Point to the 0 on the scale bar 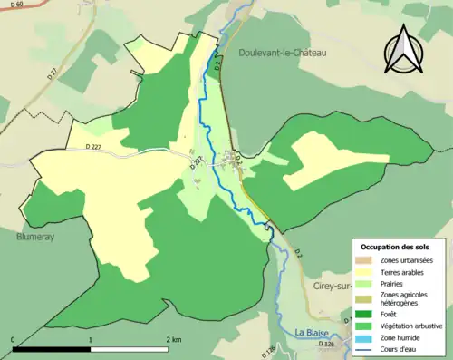click(13, 338)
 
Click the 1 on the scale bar click(91, 338)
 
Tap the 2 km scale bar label click(173, 338)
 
